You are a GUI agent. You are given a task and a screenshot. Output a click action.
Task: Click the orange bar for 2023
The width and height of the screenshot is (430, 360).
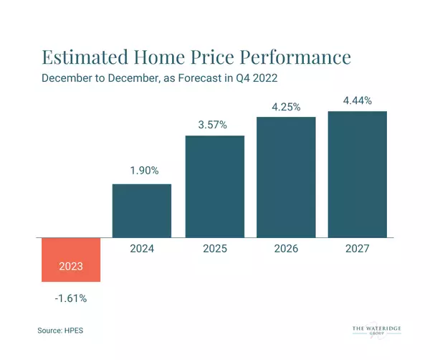(x=71, y=259)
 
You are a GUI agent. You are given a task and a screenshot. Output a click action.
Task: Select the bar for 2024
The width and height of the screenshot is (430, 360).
(x=142, y=210)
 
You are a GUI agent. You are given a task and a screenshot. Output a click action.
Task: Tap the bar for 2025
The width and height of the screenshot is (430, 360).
(x=214, y=186)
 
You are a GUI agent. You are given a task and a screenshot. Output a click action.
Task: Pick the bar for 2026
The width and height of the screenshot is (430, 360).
(x=286, y=176)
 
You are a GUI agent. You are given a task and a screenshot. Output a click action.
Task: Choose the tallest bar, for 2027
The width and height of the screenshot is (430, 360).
(x=357, y=174)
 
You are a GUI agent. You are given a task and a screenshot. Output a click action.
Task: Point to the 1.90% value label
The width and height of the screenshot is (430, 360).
(x=142, y=172)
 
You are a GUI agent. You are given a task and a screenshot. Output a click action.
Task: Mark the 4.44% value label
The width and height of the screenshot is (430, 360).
(x=357, y=100)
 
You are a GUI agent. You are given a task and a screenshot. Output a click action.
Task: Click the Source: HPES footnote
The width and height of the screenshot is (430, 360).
(x=67, y=331)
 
